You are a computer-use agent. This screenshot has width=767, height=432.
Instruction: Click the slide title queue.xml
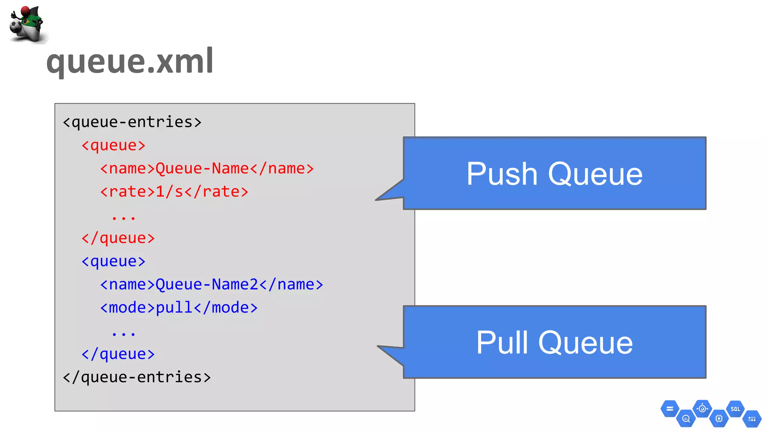(x=130, y=61)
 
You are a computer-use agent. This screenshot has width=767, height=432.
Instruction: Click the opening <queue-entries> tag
(x=132, y=122)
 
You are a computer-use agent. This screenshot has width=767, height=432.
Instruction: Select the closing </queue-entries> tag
(x=137, y=377)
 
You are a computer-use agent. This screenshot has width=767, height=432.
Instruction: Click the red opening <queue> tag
(x=113, y=145)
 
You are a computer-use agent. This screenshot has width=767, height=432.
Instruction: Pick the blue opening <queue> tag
(x=113, y=261)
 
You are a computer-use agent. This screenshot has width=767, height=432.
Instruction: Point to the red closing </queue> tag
(x=118, y=238)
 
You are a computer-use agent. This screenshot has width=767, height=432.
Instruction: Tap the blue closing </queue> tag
(x=118, y=354)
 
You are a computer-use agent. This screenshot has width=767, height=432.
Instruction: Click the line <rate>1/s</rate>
(x=174, y=192)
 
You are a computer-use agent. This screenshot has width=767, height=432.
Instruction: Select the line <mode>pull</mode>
(x=179, y=308)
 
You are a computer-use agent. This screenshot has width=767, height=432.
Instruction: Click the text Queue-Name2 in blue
(x=207, y=285)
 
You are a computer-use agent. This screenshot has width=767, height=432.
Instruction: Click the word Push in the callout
(x=502, y=174)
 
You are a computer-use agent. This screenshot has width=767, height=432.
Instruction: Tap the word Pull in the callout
(x=502, y=342)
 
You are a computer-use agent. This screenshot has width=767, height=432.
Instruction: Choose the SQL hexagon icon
(x=735, y=409)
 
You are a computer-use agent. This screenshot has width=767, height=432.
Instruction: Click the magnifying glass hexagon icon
(x=686, y=419)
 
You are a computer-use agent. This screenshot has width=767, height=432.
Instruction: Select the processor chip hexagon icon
(x=719, y=418)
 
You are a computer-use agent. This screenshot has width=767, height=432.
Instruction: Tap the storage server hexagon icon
(x=670, y=409)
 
